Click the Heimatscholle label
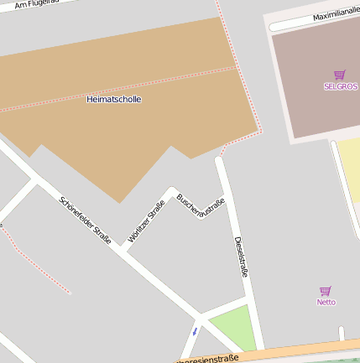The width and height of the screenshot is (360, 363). [114, 99]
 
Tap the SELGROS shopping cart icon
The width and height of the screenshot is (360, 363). [339, 75]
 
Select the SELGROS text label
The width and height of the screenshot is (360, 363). [339, 86]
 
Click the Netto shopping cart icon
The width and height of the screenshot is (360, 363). [326, 291]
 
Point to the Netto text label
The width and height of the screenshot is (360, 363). [326, 302]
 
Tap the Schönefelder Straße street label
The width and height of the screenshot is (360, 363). [85, 220]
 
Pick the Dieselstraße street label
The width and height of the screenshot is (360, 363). [241, 256]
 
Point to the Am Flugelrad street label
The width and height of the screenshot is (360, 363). [39, 5]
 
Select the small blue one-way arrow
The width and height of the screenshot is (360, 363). [195, 331]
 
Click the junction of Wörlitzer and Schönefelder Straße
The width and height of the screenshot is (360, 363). [123, 249]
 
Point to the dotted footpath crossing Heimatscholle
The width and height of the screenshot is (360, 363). [117, 88]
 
